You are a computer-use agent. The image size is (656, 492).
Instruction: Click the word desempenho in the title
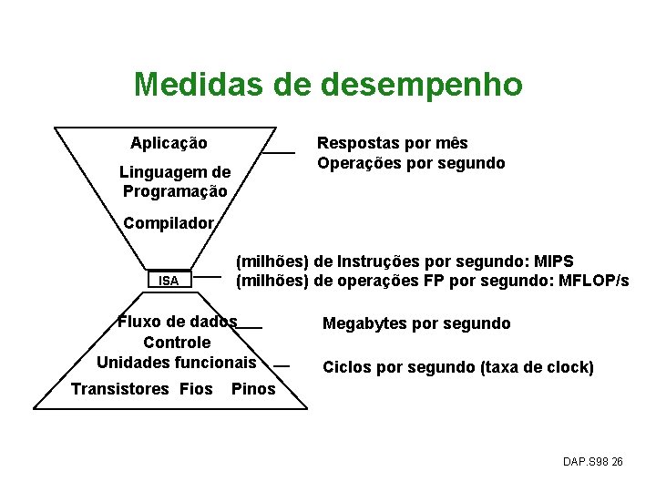pos(421,85)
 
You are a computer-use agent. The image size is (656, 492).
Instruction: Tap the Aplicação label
pos(169,143)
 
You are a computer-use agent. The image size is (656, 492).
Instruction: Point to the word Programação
pos(175,191)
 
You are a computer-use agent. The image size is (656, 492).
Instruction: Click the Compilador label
pos(169,223)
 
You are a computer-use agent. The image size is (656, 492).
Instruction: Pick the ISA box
pos(169,281)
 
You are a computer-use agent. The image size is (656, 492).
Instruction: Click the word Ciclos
pos(345,368)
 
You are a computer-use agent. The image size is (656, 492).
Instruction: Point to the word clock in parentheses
pos(566,368)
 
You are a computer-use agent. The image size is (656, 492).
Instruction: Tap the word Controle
pos(177,343)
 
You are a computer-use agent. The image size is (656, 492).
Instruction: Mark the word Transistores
pos(120,390)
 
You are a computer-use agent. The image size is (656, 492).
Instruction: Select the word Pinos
pos(253,390)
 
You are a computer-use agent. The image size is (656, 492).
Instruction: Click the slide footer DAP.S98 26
pos(592,463)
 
